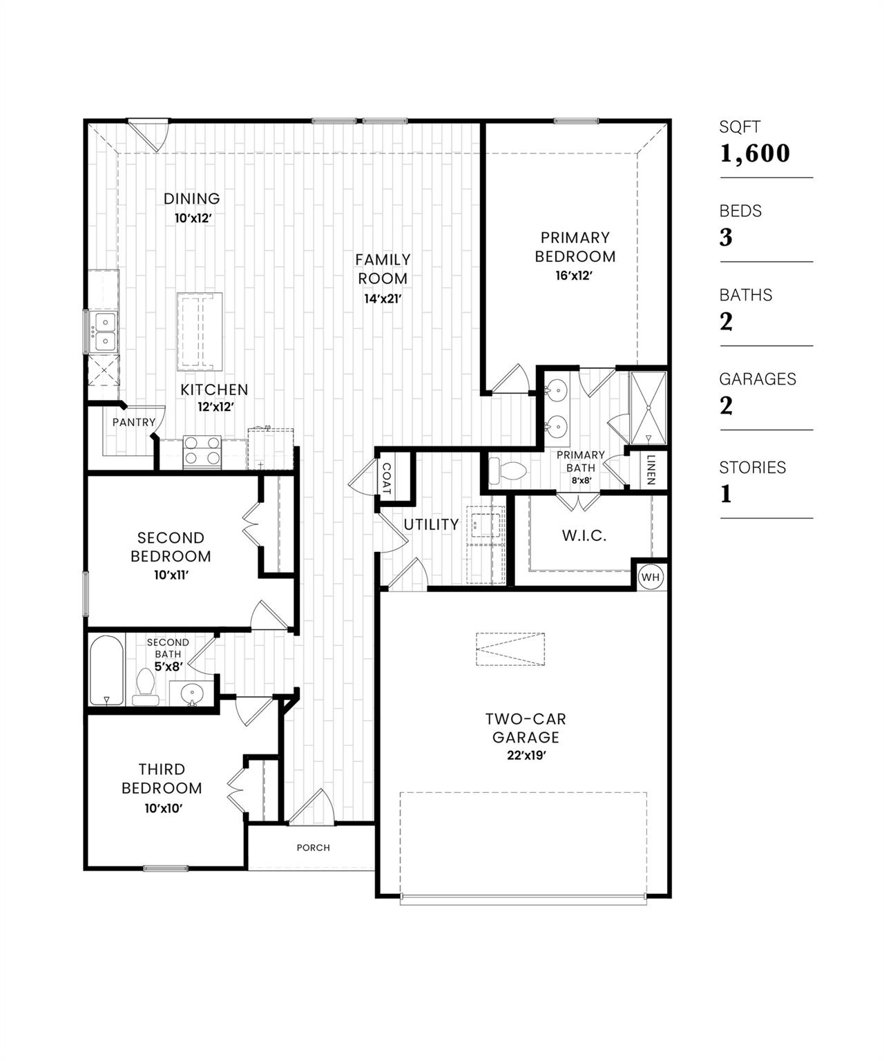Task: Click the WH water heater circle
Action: tap(651, 577)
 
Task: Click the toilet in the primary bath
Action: tap(507, 472)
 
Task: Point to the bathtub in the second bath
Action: tap(106, 670)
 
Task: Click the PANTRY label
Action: tap(134, 422)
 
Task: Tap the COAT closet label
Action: tap(385, 478)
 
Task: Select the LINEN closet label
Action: tap(651, 470)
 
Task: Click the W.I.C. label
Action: tap(584, 535)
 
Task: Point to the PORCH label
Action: tap(314, 848)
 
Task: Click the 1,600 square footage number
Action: tap(755, 153)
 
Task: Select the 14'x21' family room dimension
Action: tap(383, 299)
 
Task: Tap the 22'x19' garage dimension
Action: tap(526, 756)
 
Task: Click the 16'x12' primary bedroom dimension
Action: tap(575, 275)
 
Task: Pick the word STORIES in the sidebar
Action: tap(752, 468)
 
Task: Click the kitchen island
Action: tap(200, 332)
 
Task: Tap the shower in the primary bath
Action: tap(648, 408)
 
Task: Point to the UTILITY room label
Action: tap(431, 524)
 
